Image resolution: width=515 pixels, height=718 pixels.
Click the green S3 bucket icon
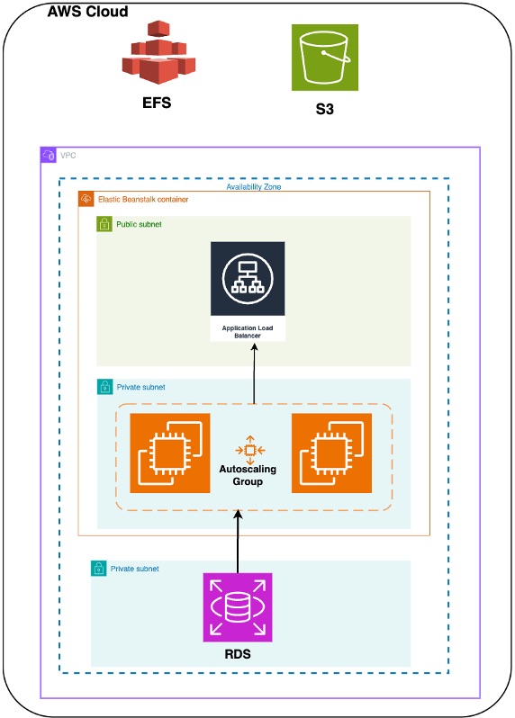(x=325, y=58)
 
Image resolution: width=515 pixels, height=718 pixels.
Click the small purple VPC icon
(x=49, y=155)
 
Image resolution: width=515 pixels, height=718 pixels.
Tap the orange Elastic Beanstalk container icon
(x=86, y=198)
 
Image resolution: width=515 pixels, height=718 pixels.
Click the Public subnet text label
(x=139, y=223)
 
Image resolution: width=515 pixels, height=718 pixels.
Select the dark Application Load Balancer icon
(x=248, y=279)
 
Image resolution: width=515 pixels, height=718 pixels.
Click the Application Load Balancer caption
(x=248, y=332)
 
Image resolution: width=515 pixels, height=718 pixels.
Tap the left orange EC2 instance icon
(x=170, y=453)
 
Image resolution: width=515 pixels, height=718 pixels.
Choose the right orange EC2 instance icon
(x=332, y=453)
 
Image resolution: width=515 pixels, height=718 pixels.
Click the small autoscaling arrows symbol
(x=248, y=449)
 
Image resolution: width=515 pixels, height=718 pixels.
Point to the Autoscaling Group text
(x=248, y=475)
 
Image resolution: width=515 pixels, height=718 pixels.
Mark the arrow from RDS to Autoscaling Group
(x=239, y=541)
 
